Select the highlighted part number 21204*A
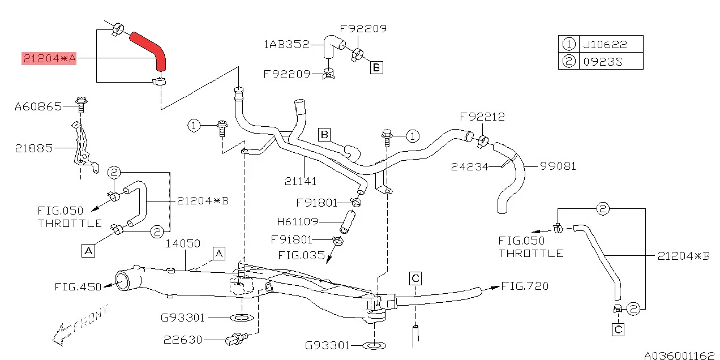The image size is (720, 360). pyautogui.click(x=49, y=58)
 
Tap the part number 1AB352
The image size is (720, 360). pyautogui.click(x=286, y=44)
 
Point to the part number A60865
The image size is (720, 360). pyautogui.click(x=38, y=106)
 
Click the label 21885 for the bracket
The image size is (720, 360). pyautogui.click(x=34, y=148)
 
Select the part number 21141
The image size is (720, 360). pyautogui.click(x=301, y=182)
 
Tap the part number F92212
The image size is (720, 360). pyautogui.click(x=482, y=117)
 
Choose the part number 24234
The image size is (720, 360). pyautogui.click(x=470, y=166)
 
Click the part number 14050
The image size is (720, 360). pyautogui.click(x=183, y=243)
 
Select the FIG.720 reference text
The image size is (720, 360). pyautogui.click(x=525, y=286)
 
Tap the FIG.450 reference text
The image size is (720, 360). pyautogui.click(x=78, y=287)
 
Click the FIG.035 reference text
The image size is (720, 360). pyautogui.click(x=302, y=255)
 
